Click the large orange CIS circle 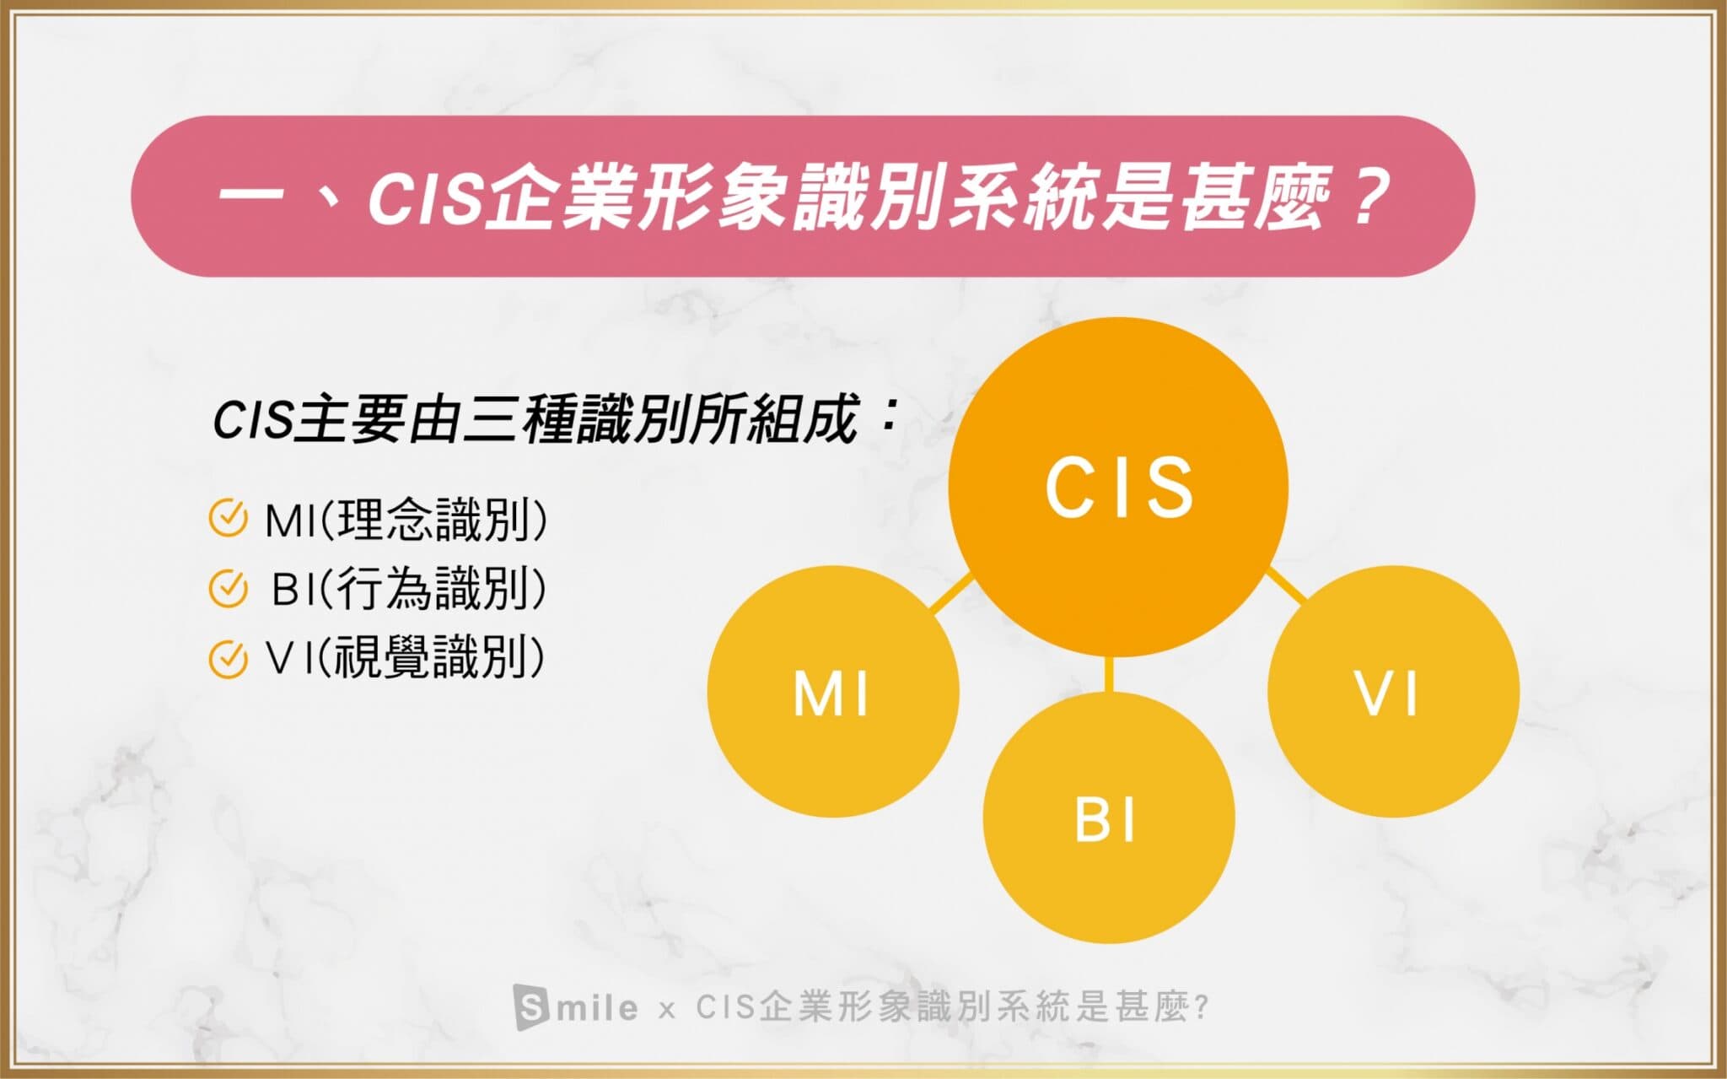coord(1118,487)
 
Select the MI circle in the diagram coord(833,691)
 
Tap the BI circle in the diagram coord(1109,817)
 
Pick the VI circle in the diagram coord(1393,691)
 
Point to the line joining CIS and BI coord(1108,673)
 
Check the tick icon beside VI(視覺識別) coord(228,659)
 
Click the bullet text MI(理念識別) coord(406,520)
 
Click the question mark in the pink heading coord(1365,196)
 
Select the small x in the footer coord(666,1010)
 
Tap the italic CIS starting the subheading coord(252,420)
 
